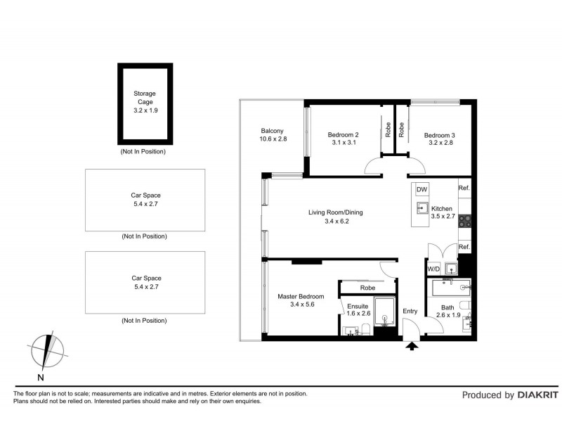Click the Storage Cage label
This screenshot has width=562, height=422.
145,98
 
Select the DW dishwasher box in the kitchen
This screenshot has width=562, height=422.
421,191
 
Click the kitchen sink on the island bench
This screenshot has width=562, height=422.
421,207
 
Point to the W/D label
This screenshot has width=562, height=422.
433,269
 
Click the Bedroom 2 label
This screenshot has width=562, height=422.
344,135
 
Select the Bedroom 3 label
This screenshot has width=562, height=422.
439,135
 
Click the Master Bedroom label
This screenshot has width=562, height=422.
301,297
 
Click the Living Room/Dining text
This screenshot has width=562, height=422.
336,212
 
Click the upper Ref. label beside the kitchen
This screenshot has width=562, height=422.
464,188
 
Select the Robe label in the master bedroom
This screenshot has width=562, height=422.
367,288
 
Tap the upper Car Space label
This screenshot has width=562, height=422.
145,196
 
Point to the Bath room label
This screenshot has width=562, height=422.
447,307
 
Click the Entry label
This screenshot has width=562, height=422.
410,311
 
